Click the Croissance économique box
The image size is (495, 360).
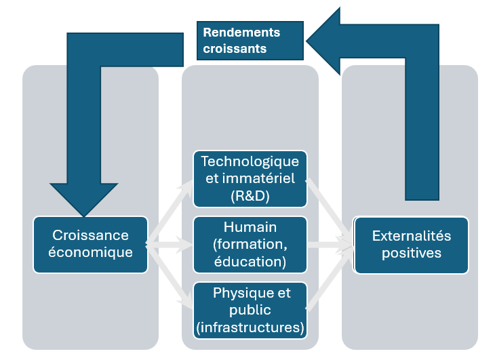[91, 244]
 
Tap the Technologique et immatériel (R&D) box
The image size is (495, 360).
[250, 179]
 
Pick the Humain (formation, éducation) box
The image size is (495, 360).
[250, 244]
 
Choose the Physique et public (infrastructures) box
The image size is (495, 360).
[250, 311]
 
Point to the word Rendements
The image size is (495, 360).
[241, 32]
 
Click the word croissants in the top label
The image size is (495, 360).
[235, 49]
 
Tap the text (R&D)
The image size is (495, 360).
[250, 196]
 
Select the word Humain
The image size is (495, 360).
[250, 227]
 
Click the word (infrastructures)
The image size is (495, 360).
[250, 328]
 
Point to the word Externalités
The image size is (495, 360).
[411, 236]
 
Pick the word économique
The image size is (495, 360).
[91, 253]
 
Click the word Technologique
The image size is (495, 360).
[250, 162]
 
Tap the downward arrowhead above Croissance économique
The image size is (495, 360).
[84, 197]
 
